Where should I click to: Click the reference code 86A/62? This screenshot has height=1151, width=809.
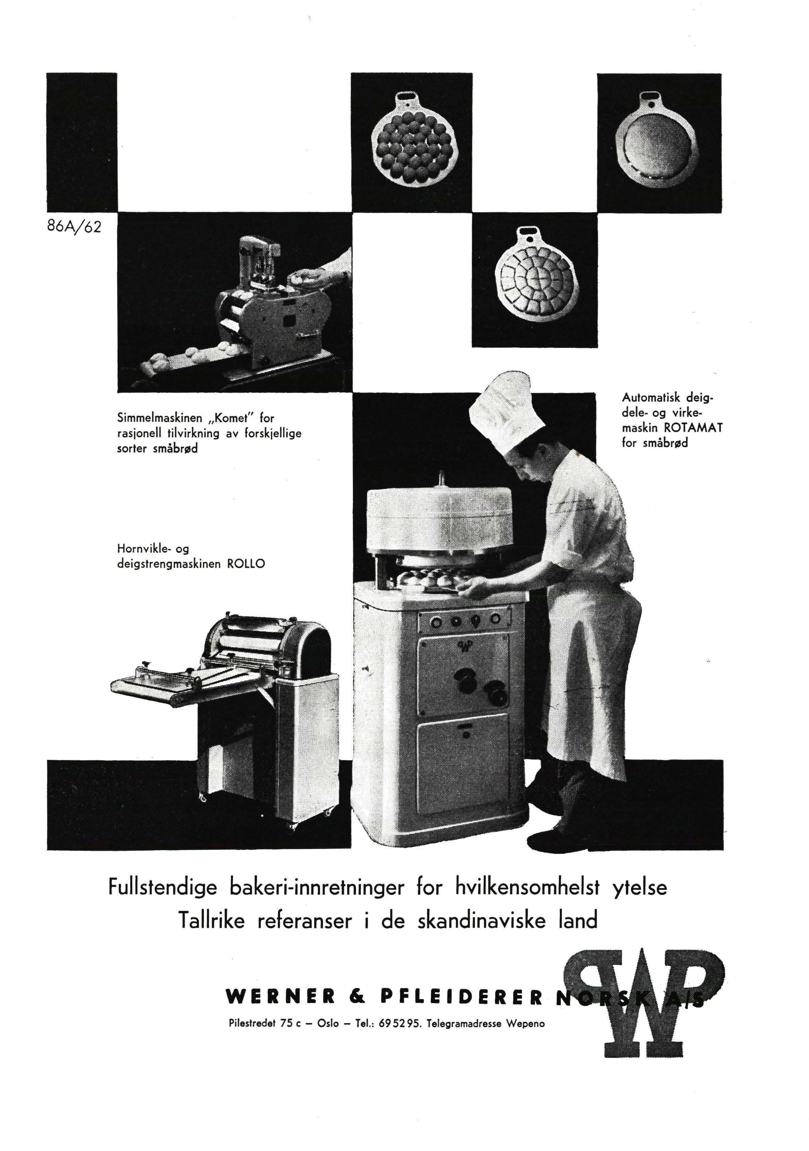(74, 227)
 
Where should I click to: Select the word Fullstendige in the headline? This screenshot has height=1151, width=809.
(163, 888)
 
